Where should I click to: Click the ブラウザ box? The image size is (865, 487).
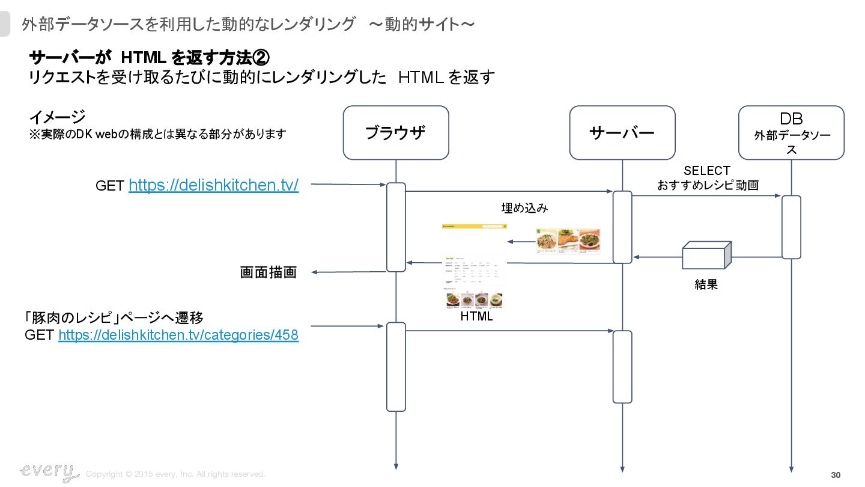[396, 133]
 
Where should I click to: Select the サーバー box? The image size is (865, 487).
[622, 133]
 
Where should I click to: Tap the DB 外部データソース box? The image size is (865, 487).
[791, 133]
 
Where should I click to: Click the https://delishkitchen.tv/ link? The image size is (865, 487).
[213, 185]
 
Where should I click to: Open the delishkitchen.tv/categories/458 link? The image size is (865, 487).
[178, 335]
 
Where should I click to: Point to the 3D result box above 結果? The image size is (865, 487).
[706, 256]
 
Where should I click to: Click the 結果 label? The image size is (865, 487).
[706, 284]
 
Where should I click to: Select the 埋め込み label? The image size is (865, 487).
[524, 208]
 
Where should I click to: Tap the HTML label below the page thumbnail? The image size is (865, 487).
[476, 316]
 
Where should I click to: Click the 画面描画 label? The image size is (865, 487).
[269, 272]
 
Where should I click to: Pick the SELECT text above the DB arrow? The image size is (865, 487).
[707, 171]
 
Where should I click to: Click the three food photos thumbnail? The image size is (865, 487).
[568, 241]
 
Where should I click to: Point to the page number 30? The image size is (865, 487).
[836, 476]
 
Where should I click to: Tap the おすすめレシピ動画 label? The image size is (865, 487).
[708, 185]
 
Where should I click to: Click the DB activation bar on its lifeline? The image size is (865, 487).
[791, 227]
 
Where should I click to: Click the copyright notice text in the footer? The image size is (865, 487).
[175, 474]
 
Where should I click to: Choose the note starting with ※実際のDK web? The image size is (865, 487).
[157, 134]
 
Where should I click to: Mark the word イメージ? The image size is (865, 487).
[57, 117]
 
